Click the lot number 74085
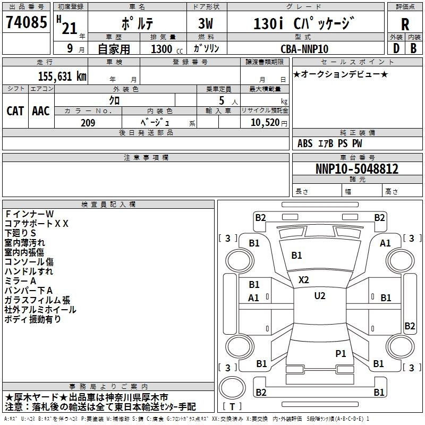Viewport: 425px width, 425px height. point(26,22)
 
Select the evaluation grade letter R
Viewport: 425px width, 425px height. point(405,24)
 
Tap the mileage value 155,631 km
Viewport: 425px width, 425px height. point(62,76)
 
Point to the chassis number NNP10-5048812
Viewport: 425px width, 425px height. point(357,168)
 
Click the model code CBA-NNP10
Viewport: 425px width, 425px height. point(304,49)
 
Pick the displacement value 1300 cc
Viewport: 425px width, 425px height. point(167,49)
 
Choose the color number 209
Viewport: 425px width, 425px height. point(88,123)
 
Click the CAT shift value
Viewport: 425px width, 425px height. point(15,111)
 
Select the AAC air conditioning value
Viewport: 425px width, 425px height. point(41,111)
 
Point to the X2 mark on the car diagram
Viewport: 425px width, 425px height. point(303,280)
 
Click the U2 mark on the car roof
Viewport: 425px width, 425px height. point(320,296)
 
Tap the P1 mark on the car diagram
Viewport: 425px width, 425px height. point(341,353)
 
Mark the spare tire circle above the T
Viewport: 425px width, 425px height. point(232,388)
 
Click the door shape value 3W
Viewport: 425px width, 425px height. point(206,23)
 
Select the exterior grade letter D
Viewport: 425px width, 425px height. point(396,48)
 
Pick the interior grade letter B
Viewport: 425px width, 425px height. point(413,48)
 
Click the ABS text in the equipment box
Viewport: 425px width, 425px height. point(305,143)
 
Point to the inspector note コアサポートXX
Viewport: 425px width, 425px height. point(37,224)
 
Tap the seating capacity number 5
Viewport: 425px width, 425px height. point(222,100)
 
